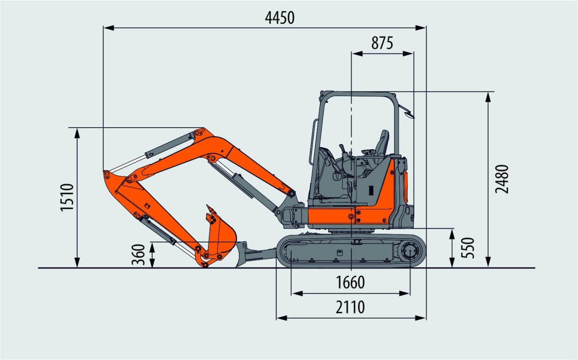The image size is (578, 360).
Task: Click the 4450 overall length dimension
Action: tap(279, 17)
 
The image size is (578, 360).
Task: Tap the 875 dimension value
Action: tap(382, 43)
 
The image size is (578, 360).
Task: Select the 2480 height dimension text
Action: tap(502, 179)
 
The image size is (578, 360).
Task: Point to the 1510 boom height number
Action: tap(67, 197)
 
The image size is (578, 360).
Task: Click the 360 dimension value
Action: tap(138, 255)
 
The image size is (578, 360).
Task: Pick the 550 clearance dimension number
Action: tap(467, 248)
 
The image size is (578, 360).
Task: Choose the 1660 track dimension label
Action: tap(351, 283)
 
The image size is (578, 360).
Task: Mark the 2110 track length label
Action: tap(351, 307)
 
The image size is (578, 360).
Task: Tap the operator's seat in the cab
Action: tap(381, 144)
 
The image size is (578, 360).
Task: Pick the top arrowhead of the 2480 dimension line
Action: tap(488, 96)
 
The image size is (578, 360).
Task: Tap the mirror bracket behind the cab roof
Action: tap(409, 114)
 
